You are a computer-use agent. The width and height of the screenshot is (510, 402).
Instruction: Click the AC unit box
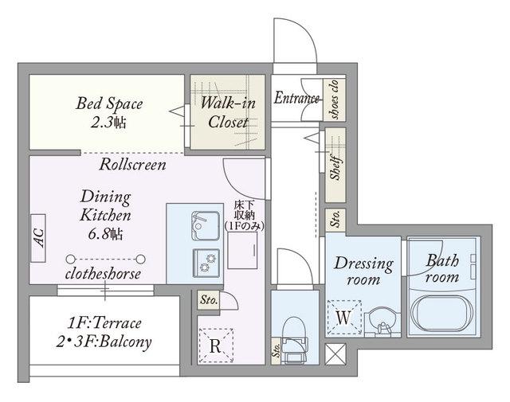[38, 238]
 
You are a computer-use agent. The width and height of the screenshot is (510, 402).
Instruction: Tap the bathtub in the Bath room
[441, 314]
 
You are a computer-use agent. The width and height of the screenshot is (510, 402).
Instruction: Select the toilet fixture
[294, 340]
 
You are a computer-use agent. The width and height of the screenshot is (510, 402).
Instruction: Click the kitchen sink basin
[206, 225]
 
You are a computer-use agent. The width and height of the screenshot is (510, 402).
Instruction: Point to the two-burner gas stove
[206, 263]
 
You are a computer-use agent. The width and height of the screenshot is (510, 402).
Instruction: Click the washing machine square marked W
[344, 318]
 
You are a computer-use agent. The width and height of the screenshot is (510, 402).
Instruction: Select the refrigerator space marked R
[216, 345]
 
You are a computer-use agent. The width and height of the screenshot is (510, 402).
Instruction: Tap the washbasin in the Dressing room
[382, 322]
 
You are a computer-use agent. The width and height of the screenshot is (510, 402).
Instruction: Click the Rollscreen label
[133, 165]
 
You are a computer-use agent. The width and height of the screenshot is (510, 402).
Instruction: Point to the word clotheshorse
[103, 274]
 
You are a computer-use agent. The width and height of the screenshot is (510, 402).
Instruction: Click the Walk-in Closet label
[228, 112]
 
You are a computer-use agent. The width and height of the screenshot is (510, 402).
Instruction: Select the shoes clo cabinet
[334, 99]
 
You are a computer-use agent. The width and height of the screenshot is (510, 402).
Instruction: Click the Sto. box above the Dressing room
[335, 220]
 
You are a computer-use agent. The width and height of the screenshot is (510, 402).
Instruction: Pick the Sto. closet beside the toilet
[277, 350]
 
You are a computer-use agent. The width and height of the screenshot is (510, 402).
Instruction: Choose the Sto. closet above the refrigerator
[209, 299]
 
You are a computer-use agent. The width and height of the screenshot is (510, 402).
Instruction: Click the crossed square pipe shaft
[335, 354]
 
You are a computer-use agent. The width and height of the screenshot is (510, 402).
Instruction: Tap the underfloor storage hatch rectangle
[242, 251]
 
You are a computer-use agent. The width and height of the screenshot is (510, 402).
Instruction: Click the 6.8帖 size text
[105, 234]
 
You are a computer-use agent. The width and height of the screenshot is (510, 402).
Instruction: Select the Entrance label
[296, 98]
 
